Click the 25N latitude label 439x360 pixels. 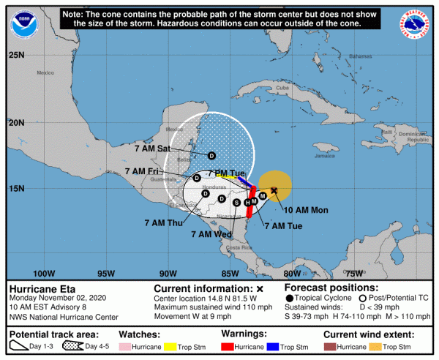[17, 55]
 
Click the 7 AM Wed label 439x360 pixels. [211, 234]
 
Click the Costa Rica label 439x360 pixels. [239, 248]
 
